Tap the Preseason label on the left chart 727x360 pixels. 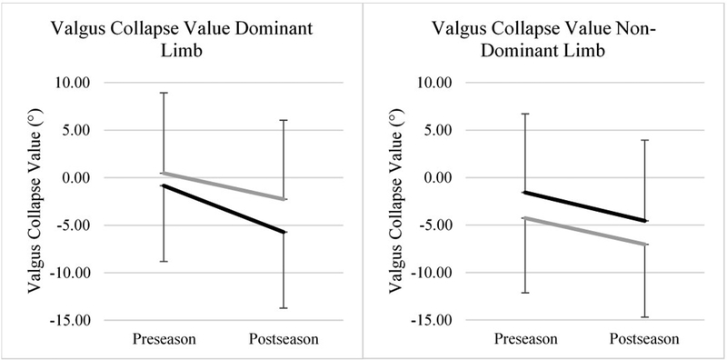[164, 339]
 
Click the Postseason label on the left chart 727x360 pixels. [284, 339]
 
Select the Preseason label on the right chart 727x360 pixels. [525, 339]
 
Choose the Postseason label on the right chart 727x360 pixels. [645, 339]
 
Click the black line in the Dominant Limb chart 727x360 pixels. [224, 209]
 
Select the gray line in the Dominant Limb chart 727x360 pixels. [224, 186]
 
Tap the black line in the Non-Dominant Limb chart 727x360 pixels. [585, 206]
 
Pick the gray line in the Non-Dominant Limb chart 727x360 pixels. [585, 231]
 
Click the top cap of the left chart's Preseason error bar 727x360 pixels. [164, 93]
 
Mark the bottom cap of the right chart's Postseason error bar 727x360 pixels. [645, 317]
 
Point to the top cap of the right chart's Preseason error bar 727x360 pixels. [525, 114]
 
